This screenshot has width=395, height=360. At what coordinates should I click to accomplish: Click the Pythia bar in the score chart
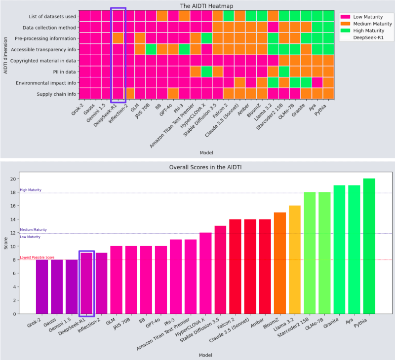pos(369,246)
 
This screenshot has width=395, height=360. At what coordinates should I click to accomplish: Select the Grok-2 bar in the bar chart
pos(42,287)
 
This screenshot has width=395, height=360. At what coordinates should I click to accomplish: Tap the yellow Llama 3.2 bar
pos(294,259)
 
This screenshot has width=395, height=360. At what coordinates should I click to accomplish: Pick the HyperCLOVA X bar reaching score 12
pos(205,273)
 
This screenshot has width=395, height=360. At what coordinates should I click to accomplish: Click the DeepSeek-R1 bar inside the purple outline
pos(86,283)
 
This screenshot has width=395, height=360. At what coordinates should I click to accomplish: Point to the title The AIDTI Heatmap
pos(206,6)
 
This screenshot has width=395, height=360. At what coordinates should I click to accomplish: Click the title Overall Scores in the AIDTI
pos(205,167)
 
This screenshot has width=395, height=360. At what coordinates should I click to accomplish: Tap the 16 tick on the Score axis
pos(13,206)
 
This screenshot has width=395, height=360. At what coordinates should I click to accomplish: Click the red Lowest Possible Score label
pos(37,257)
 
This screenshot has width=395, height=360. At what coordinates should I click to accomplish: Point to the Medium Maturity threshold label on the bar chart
pos(33,230)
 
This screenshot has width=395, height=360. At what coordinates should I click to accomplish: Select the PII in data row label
pos(64,72)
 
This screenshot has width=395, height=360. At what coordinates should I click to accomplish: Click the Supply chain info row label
pos(56,94)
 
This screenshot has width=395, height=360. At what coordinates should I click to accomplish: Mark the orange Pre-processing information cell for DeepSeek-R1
pos(118,38)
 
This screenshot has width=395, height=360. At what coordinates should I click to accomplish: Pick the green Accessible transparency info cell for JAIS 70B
pos(151,49)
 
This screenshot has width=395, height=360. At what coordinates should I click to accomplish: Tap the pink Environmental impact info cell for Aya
pos(317,82)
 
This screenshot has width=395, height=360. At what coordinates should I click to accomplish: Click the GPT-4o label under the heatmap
pos(166,109)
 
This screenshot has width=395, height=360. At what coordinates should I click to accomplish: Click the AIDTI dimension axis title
pos(5,55)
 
